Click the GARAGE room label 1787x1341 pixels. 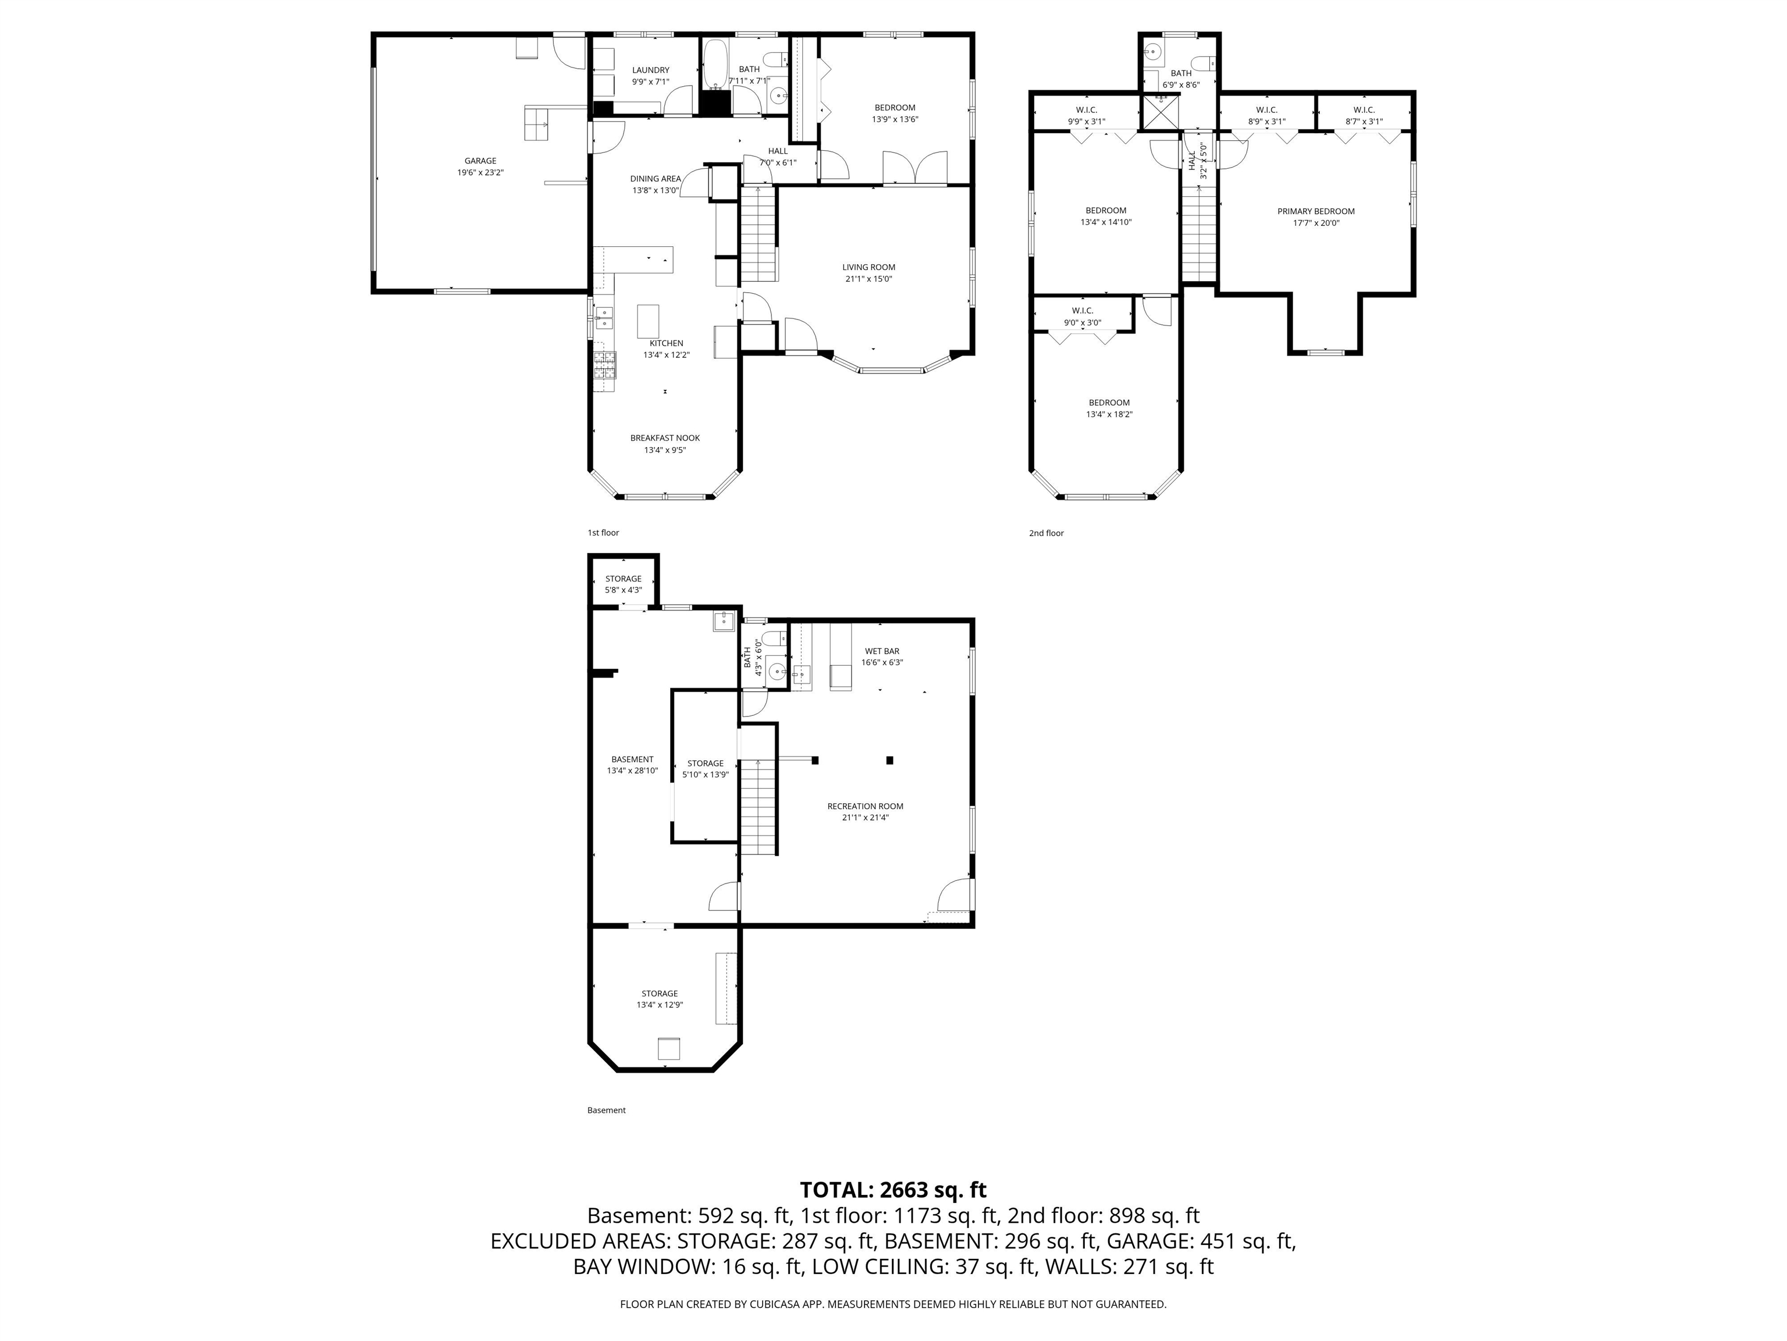click(480, 161)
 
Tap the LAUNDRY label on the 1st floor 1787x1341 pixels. click(650, 70)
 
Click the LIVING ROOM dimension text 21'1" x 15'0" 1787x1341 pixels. click(868, 279)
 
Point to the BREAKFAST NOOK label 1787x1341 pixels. click(665, 438)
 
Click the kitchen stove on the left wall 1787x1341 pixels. click(604, 366)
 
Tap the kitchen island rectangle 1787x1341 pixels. click(648, 320)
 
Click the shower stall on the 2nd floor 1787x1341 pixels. click(1159, 113)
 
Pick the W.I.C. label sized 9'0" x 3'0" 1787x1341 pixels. click(1083, 311)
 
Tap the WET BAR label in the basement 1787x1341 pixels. click(881, 651)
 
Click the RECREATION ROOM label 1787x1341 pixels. click(864, 806)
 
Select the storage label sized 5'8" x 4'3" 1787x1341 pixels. click(623, 579)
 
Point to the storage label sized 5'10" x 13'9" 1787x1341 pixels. click(705, 763)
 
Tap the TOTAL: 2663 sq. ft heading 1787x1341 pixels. click(893, 1190)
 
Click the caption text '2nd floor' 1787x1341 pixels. click(1046, 534)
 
